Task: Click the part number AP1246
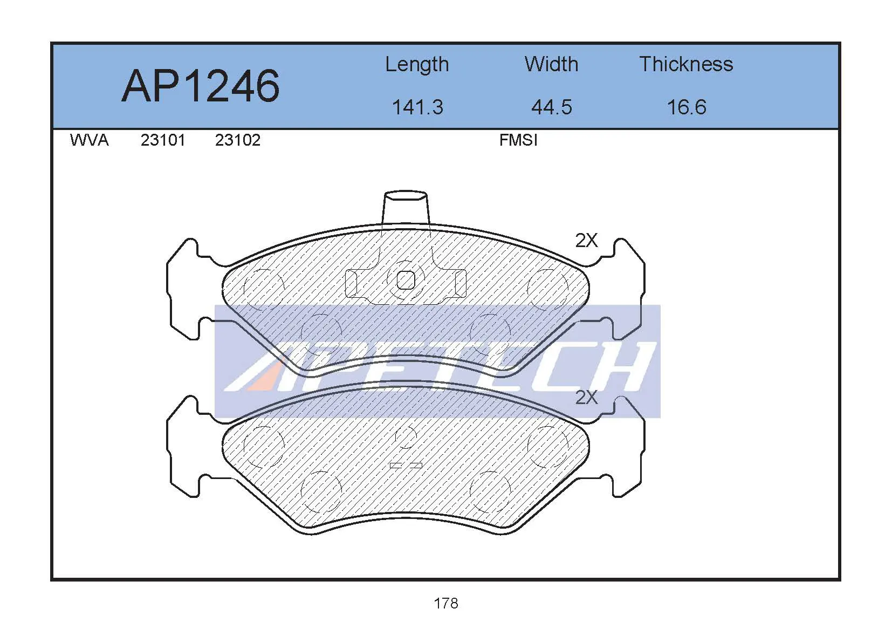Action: tap(201, 86)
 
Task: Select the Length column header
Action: tap(417, 65)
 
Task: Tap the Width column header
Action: tap(551, 64)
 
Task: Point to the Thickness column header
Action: tap(686, 64)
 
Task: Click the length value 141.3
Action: tap(418, 107)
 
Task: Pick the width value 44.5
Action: tap(552, 107)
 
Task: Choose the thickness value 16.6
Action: tap(687, 107)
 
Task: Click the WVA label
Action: tap(89, 140)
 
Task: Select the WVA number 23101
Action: tap(163, 140)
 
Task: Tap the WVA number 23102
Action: tap(238, 140)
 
